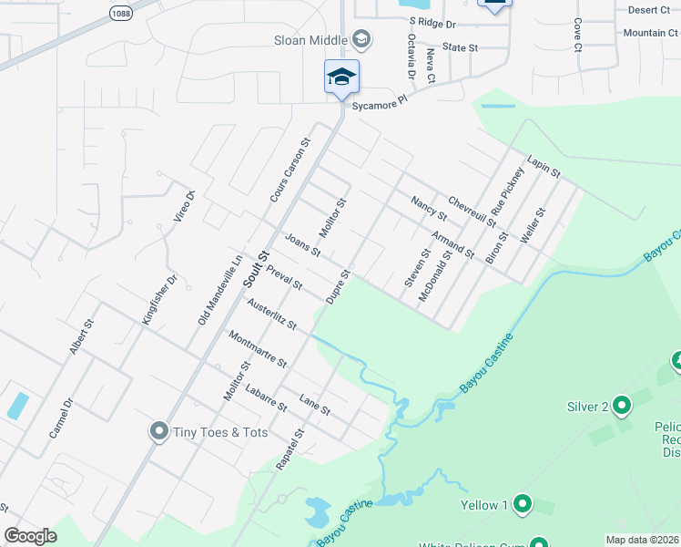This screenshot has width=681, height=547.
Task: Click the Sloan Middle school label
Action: tap(310, 40)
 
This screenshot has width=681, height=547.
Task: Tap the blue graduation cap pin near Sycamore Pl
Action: tap(341, 77)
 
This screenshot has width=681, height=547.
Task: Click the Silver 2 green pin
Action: tap(622, 404)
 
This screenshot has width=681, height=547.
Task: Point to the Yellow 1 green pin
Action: tap(523, 503)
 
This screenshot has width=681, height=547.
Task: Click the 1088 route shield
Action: tap(119, 13)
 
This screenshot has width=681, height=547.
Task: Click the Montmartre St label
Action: tap(258, 349)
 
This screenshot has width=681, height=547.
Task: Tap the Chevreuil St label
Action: tap(472, 211)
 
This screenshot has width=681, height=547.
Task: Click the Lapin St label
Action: tap(544, 165)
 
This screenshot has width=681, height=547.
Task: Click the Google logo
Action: tap(30, 536)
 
